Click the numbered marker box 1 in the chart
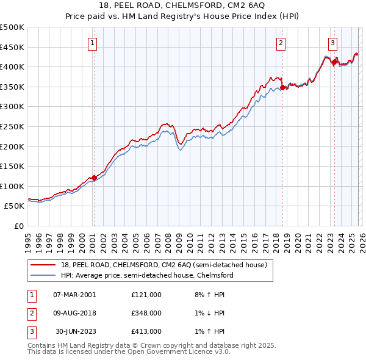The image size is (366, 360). [93, 43]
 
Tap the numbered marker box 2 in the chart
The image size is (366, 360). [281, 43]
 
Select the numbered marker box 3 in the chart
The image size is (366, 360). [333, 43]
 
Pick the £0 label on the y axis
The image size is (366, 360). [20, 226]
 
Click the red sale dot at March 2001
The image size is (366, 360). [94, 178]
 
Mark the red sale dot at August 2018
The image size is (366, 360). [282, 88]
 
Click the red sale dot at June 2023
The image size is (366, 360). [334, 62]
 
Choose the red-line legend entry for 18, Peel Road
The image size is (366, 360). [163, 265]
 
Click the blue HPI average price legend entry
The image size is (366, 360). [146, 275]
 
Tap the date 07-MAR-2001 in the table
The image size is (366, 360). [74, 294]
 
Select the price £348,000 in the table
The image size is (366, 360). [146, 313]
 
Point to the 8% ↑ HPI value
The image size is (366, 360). [209, 294]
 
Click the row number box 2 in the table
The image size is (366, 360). [31, 313]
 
